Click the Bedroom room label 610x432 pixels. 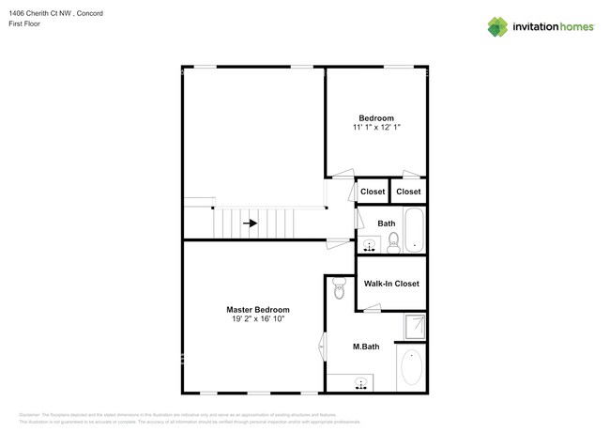375,117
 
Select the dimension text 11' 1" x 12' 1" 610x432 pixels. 375,127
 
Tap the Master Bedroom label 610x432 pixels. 257,309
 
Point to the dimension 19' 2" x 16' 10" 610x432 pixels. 257,319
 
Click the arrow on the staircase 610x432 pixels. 251,224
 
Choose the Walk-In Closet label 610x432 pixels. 390,284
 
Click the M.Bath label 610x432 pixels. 366,347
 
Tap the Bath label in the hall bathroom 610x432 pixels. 386,223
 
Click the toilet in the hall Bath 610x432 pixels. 393,243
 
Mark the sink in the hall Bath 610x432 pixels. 370,245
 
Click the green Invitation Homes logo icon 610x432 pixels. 498,26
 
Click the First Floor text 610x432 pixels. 36,23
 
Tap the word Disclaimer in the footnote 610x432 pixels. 32,414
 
